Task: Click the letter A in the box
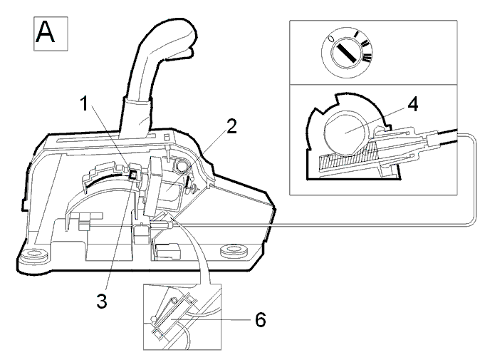[46, 32]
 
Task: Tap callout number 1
[84, 103]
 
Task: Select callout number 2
[231, 126]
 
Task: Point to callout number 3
[102, 301]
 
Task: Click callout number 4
[412, 104]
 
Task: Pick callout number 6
[260, 320]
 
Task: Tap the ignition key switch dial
[347, 52]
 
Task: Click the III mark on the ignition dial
[367, 57]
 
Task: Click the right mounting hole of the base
[234, 250]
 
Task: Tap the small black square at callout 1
[133, 175]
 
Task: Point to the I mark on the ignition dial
[356, 34]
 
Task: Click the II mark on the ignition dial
[365, 43]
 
